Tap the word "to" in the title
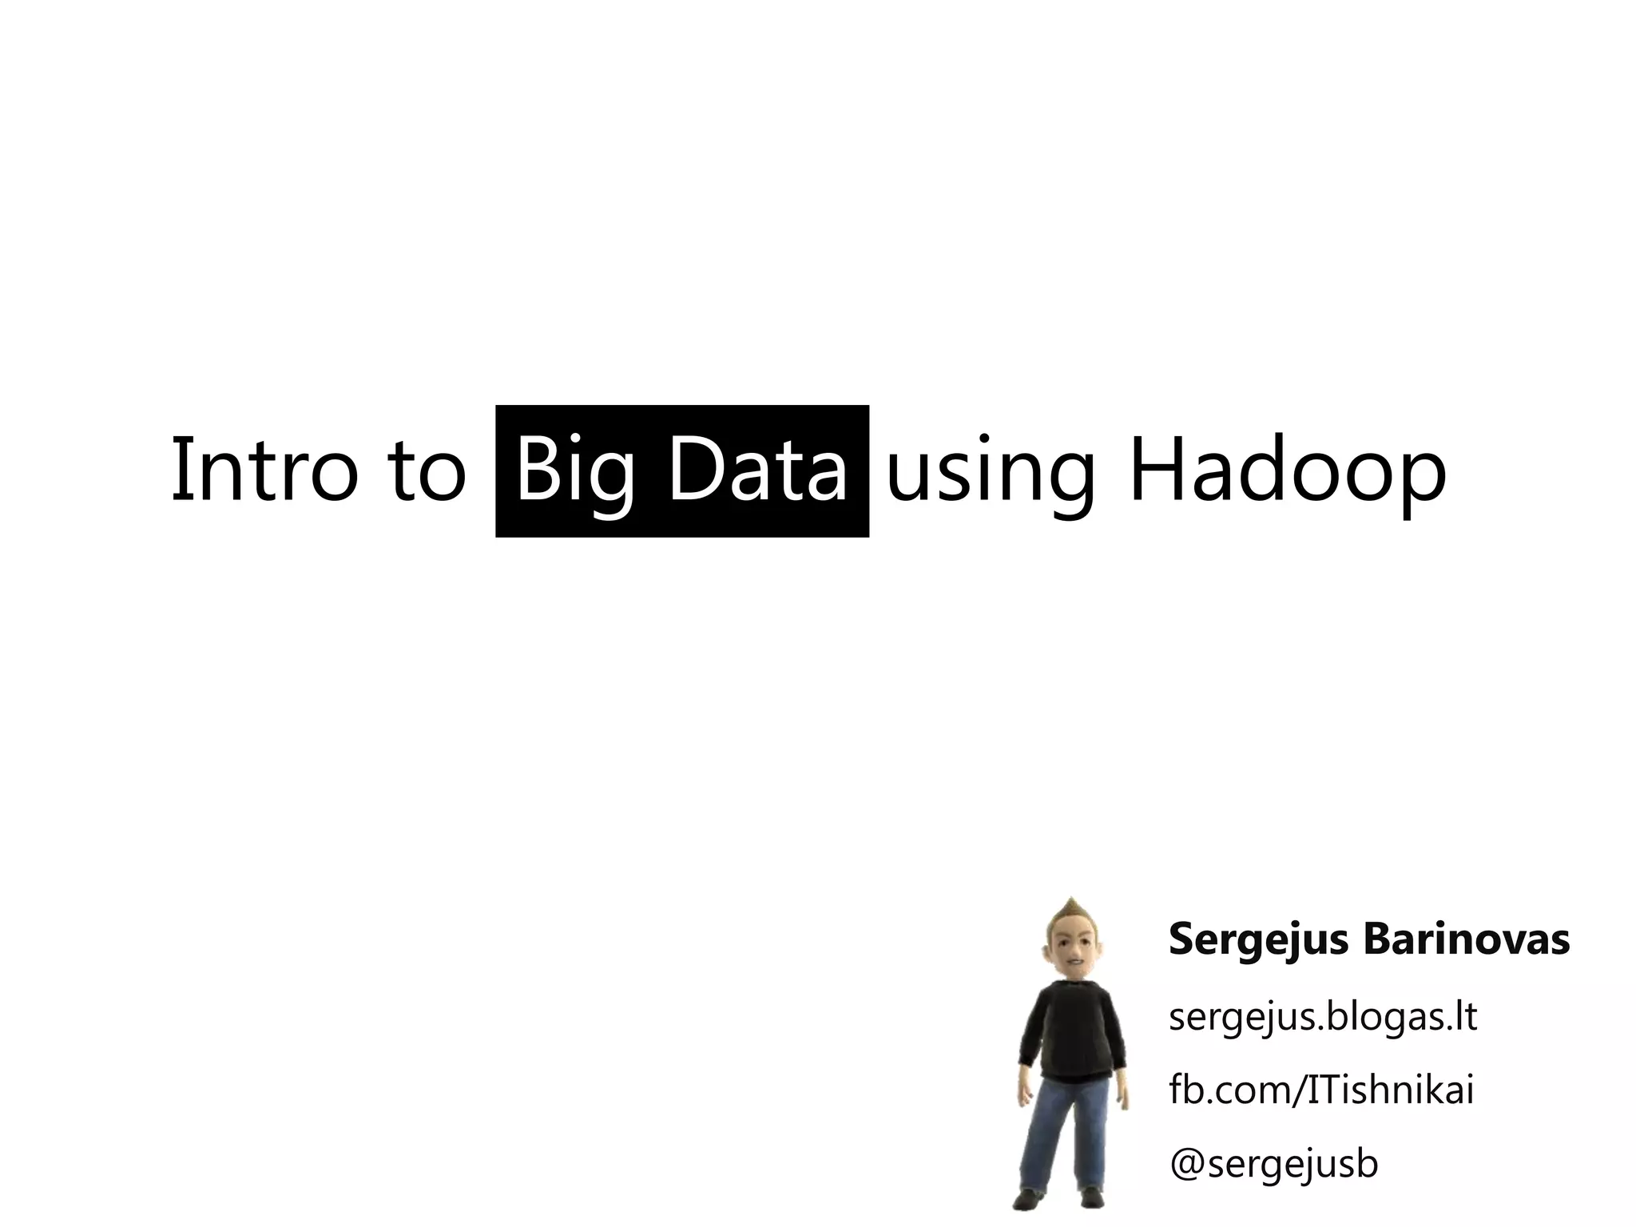428,471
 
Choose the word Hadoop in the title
1287,471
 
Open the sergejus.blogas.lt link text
1322,1017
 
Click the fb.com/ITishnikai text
1320,1090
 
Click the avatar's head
1072,956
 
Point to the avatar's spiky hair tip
1071,901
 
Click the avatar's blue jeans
1066,1134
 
